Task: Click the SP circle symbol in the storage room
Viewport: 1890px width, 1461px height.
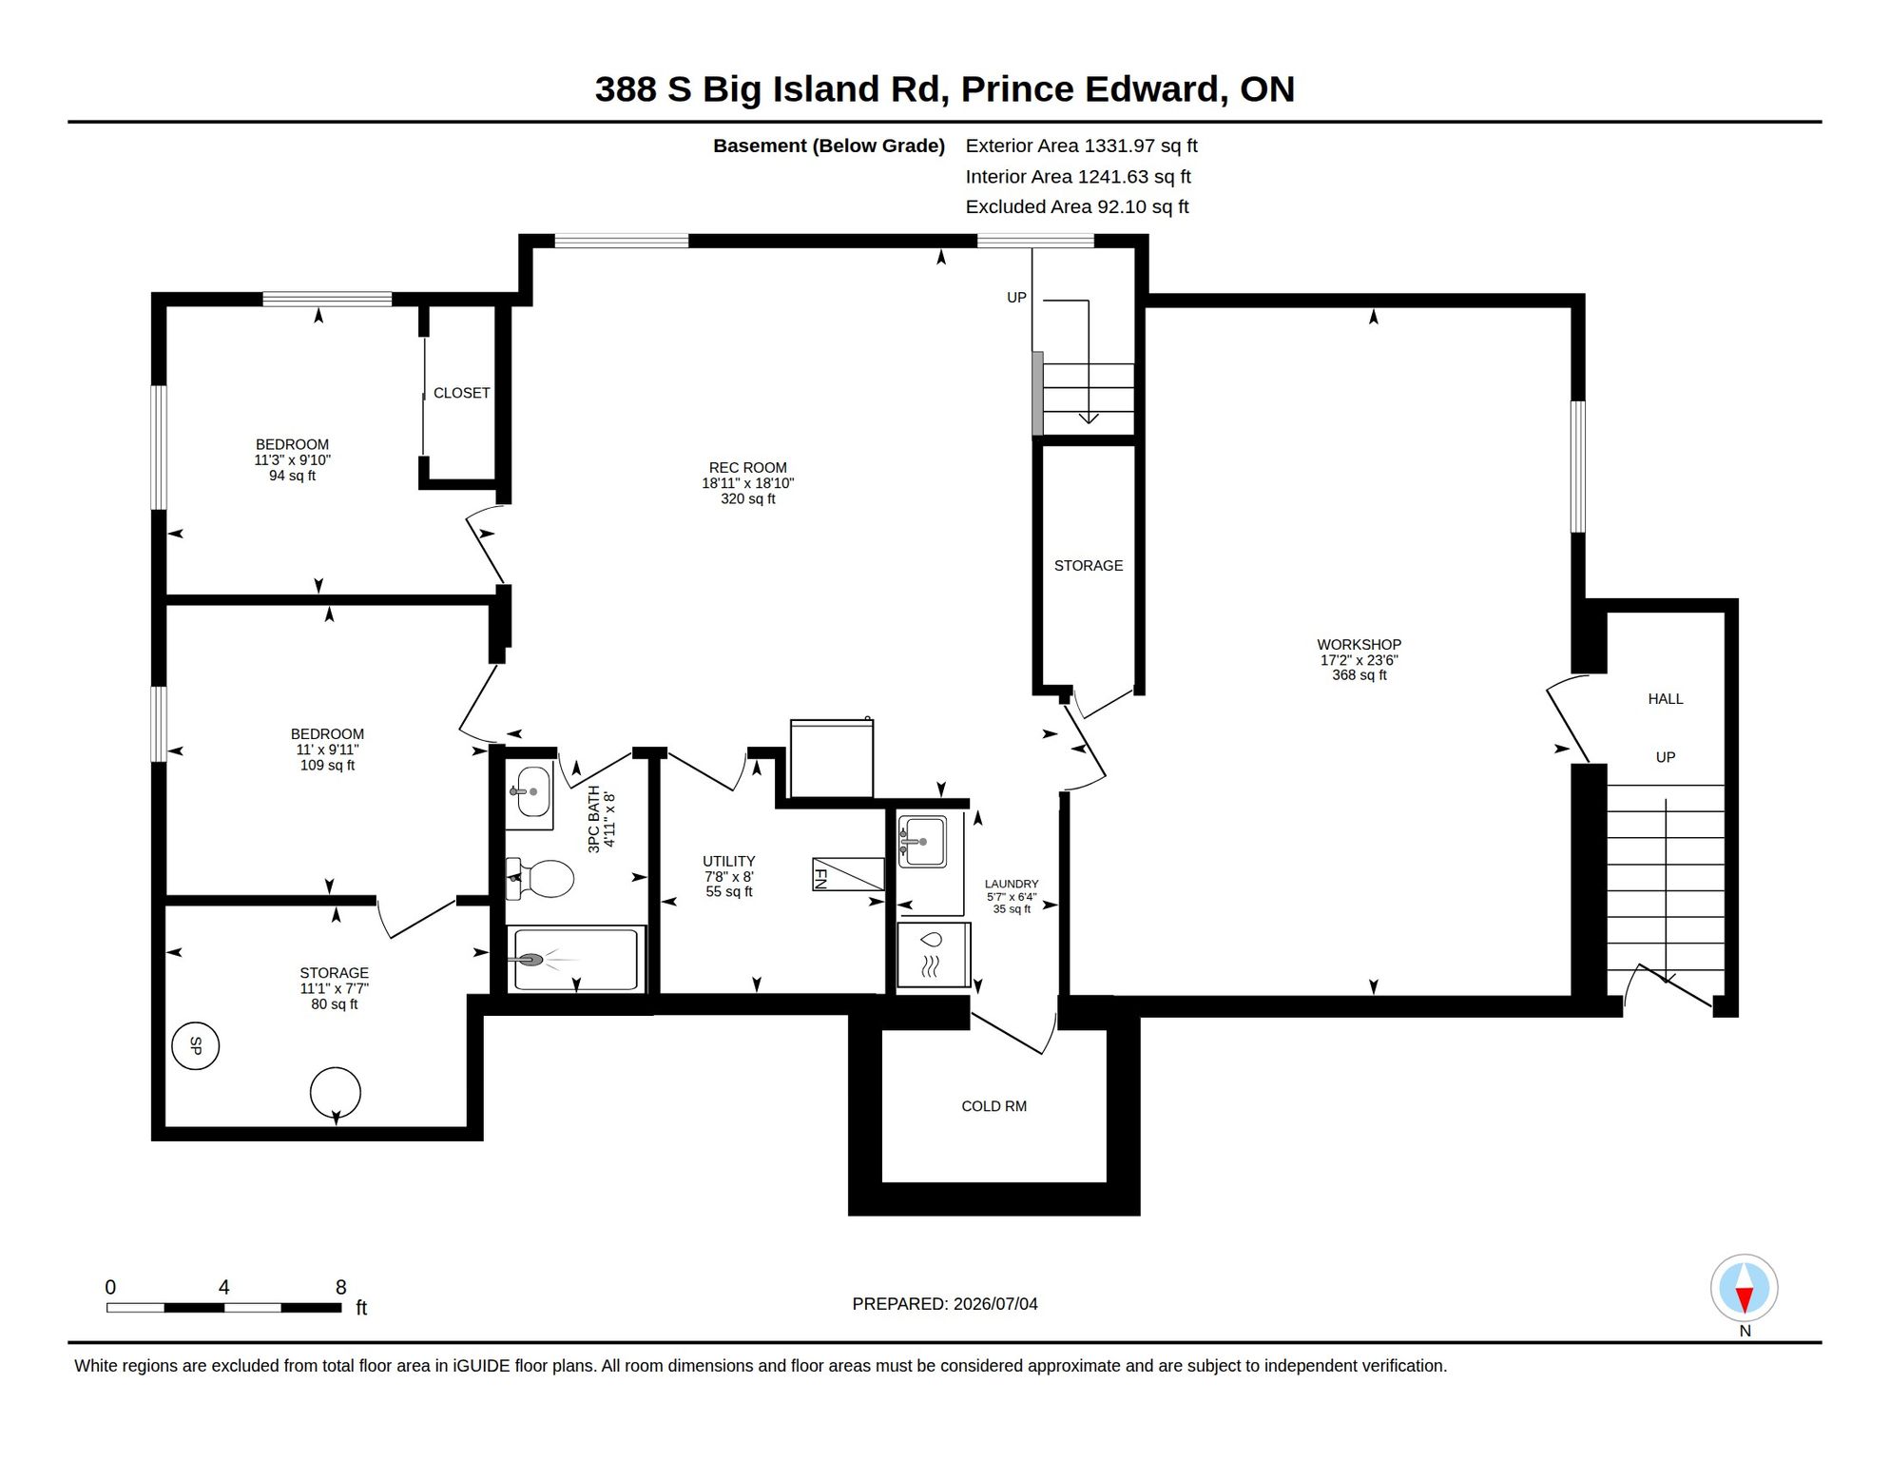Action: click(x=196, y=1046)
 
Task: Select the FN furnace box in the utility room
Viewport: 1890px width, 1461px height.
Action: click(x=848, y=874)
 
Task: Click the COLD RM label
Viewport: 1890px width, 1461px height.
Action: click(x=993, y=1106)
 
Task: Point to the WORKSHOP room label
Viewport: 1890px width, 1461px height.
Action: click(x=1359, y=645)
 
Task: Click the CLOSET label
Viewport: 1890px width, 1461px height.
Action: click(x=461, y=393)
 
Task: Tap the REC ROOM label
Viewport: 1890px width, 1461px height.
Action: click(x=748, y=468)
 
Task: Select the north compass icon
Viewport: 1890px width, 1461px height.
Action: click(x=1745, y=1288)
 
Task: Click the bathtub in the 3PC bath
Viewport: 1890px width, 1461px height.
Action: click(x=576, y=960)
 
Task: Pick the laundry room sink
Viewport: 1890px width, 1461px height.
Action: click(x=922, y=842)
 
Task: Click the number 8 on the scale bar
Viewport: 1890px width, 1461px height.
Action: click(x=341, y=1287)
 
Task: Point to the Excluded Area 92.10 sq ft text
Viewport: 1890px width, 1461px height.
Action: click(x=1077, y=206)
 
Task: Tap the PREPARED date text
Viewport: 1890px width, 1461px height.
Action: click(x=945, y=1304)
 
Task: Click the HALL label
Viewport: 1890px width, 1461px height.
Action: click(x=1666, y=699)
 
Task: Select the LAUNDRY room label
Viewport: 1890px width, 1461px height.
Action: click(x=1012, y=884)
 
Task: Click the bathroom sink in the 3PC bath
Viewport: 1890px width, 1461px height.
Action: click(x=532, y=791)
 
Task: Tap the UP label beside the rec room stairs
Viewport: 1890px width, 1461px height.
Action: click(x=1016, y=298)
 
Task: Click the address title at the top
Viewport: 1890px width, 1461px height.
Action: click(x=945, y=88)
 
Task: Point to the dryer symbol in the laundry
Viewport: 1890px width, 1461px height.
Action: click(x=933, y=955)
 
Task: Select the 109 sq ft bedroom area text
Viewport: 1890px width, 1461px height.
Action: click(x=328, y=766)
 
